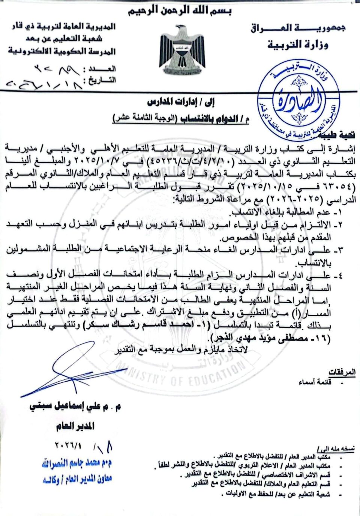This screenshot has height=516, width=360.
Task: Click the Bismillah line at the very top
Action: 180,11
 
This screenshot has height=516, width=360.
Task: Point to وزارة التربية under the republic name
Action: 298,45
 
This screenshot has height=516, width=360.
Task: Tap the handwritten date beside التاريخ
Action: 43,83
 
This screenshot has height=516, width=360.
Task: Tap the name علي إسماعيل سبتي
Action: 75,407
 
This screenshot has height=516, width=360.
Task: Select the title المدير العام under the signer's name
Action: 75,426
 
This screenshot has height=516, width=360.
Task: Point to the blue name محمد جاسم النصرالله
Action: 77,464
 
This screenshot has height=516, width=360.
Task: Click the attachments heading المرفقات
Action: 342,372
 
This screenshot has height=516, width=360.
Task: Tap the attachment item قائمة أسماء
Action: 315,382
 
